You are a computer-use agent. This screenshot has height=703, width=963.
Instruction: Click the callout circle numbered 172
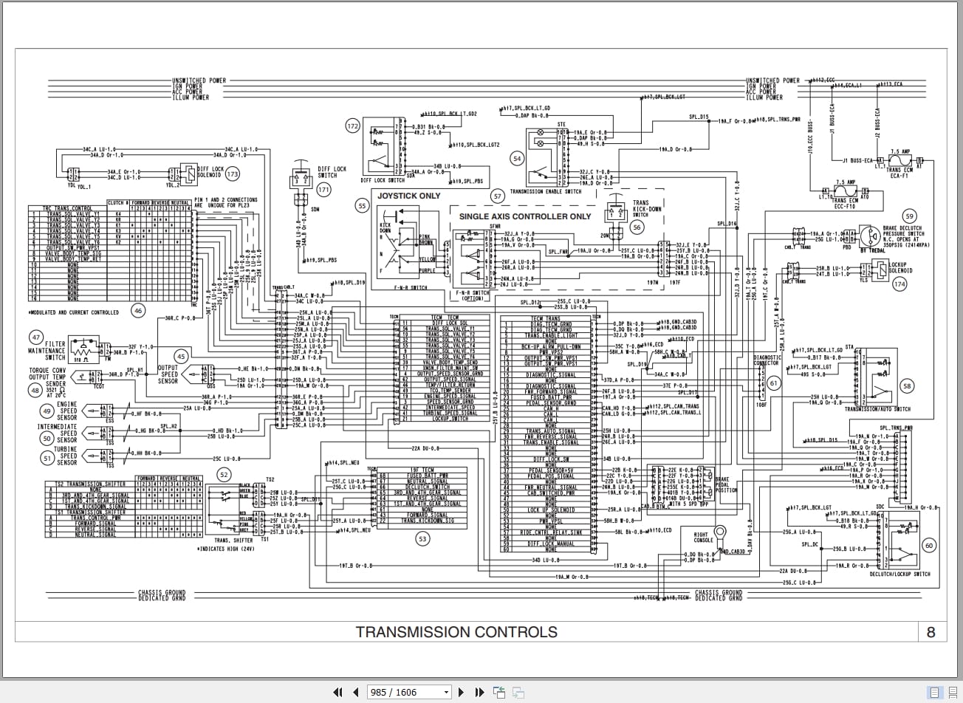click(353, 126)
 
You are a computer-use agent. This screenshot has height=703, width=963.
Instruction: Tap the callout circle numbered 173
click(233, 174)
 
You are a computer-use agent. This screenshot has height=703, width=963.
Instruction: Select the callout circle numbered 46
click(138, 311)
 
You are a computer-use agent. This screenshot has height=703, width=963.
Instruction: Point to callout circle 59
click(909, 216)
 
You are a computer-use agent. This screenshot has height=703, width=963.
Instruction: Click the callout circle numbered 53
click(422, 539)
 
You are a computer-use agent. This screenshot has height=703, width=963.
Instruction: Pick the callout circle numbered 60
click(929, 546)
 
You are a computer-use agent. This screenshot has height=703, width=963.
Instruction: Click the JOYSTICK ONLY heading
click(408, 196)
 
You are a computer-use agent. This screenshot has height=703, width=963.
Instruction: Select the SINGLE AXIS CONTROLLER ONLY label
click(525, 216)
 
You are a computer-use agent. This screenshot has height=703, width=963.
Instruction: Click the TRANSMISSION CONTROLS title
click(456, 632)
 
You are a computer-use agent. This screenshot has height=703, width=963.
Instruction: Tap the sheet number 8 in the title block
click(931, 632)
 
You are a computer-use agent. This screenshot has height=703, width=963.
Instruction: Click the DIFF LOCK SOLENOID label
click(209, 172)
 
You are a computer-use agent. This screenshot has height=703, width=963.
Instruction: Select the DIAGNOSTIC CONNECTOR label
click(767, 360)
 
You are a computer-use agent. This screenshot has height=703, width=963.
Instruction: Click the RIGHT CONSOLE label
click(703, 537)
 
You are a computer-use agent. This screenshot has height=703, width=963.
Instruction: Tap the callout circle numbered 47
click(35, 337)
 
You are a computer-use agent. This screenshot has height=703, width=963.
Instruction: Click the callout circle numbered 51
click(47, 459)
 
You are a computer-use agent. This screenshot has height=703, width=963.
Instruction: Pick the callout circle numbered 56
click(637, 228)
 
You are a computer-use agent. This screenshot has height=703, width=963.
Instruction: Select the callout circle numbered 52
click(223, 475)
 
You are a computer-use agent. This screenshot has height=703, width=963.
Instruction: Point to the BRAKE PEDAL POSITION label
click(727, 484)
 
